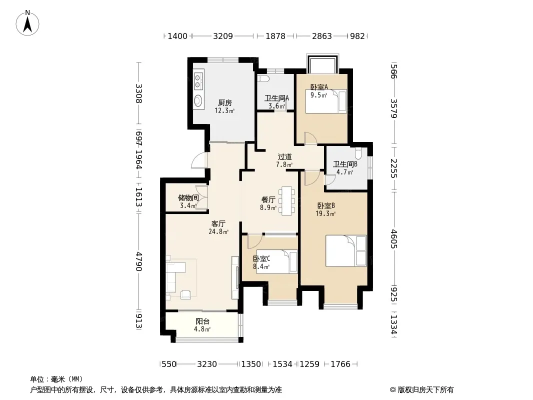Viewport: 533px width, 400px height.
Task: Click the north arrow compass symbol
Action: click(x=27, y=23)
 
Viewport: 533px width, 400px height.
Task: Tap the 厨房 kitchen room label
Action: click(x=224, y=102)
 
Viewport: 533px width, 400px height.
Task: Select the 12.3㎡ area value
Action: click(x=224, y=111)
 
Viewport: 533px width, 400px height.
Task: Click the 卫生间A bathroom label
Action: click(x=276, y=98)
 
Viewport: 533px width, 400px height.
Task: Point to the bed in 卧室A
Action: click(x=326, y=101)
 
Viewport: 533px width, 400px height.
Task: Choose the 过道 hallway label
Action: click(x=284, y=157)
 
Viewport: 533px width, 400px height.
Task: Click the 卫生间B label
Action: click(x=345, y=164)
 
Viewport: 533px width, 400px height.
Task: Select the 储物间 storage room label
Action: click(x=188, y=198)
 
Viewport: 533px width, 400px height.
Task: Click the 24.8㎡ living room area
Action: click(x=218, y=232)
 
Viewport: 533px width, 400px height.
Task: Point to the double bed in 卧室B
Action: click(x=346, y=251)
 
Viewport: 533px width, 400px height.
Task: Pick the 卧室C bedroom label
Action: click(x=261, y=259)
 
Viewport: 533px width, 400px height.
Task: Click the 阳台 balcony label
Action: click(x=202, y=321)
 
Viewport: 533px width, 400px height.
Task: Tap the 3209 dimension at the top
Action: click(x=223, y=36)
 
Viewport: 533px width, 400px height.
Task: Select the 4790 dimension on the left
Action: click(x=138, y=261)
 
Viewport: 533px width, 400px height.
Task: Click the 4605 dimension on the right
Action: click(x=393, y=239)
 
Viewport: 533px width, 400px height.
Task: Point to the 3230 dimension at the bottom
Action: click(x=207, y=364)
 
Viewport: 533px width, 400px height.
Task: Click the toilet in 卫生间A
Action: click(x=263, y=79)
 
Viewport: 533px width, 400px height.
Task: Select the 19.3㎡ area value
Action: click(x=325, y=214)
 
